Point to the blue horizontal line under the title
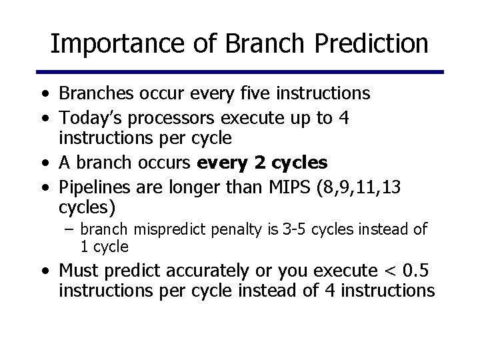(x=239, y=71)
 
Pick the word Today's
(x=90, y=119)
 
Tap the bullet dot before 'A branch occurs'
(x=43, y=163)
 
